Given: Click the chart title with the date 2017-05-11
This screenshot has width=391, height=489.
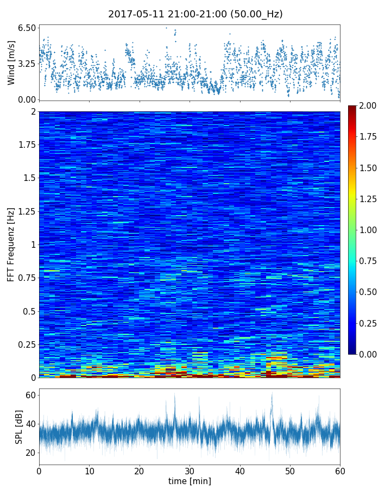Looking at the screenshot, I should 195,14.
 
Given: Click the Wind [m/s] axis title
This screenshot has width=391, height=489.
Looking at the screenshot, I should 11,62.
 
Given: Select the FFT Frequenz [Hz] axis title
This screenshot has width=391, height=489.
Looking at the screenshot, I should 11,244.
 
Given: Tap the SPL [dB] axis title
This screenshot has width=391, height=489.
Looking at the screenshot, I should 19,427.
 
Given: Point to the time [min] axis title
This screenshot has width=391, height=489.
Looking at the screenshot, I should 190,481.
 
